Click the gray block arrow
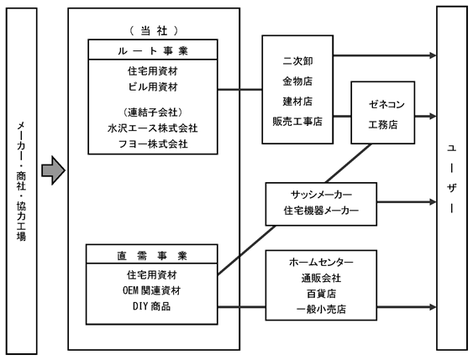point(54,170)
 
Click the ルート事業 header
point(153,50)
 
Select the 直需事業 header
point(152,256)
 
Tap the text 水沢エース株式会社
point(153,128)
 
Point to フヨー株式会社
point(153,143)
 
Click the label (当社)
point(154,30)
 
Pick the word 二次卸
point(297,61)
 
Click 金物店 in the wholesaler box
point(297,81)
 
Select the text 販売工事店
point(297,122)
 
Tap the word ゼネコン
point(386,105)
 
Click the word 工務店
point(383,124)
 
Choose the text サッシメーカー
point(321,195)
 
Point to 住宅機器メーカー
point(321,211)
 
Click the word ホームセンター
point(321,262)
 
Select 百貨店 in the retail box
point(321,294)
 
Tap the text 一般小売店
point(321,309)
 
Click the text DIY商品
point(152,306)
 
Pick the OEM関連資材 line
point(152,290)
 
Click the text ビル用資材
point(153,87)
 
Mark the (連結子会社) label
point(153,112)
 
